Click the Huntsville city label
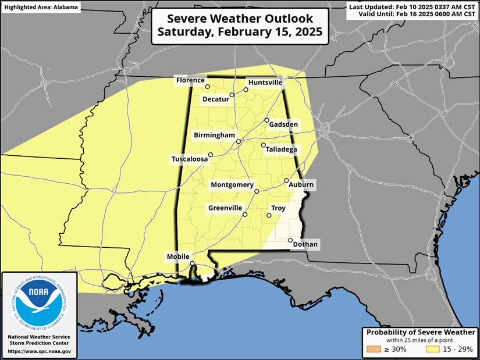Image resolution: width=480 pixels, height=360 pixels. tap(265, 83)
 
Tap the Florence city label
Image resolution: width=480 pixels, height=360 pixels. tap(190, 80)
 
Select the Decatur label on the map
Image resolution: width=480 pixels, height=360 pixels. tap(215, 99)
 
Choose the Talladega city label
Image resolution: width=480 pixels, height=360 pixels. tap(281, 149)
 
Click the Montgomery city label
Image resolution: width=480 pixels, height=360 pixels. tap(232, 185)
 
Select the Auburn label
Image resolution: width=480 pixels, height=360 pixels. tap(301, 185)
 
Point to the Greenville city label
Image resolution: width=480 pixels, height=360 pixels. tap(225, 208)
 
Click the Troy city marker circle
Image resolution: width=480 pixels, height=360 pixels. tap(269, 216)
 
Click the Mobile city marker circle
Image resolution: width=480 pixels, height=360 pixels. tap(192, 263)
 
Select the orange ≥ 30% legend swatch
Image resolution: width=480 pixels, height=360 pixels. tap(373, 350)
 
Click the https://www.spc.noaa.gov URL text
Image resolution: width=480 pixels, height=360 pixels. tap(40, 351)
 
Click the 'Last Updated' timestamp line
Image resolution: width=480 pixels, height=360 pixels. tap(413, 6)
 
